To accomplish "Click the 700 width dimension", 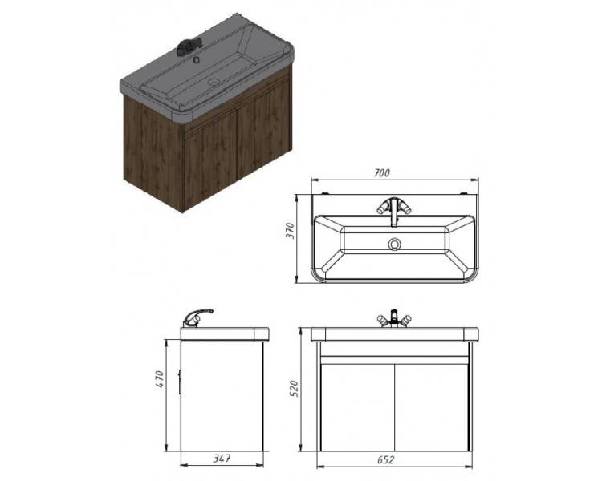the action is (381, 173).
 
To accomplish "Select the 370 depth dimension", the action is (291, 231).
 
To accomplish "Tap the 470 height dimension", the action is (160, 378).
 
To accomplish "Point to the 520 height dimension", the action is (293, 389).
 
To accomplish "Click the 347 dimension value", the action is (222, 458).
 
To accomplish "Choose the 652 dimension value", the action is (385, 459).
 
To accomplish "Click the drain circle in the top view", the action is (394, 244).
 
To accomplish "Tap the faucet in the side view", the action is (197, 318).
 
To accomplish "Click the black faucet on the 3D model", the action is (188, 46).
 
